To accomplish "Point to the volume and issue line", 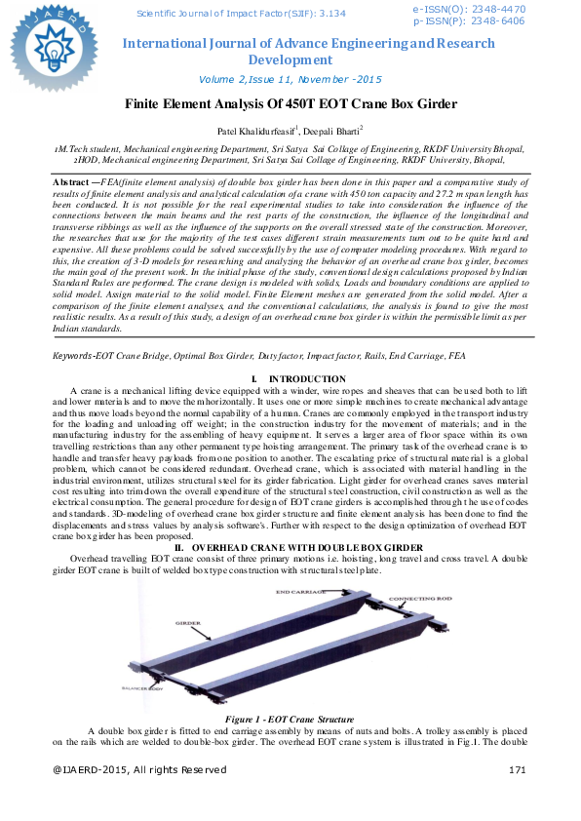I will [290, 79].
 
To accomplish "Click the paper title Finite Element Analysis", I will [290, 103].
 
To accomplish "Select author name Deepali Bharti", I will [332, 130].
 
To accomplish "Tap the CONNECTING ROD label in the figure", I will [419, 598].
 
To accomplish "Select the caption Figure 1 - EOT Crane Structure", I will [290, 719].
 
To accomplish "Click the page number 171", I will [518, 770].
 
